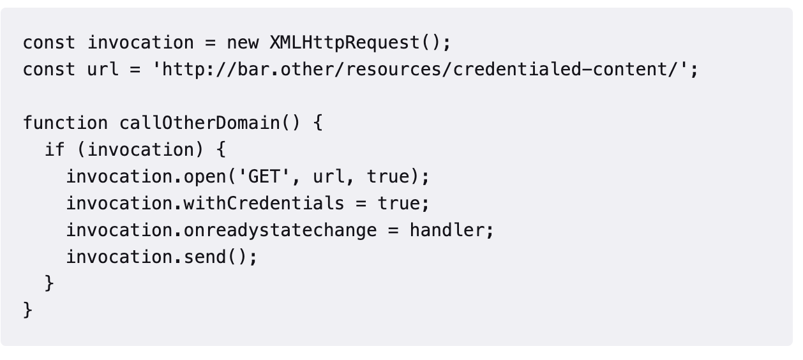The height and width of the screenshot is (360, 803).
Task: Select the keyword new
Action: point(243,43)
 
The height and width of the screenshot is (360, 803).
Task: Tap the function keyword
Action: point(65,123)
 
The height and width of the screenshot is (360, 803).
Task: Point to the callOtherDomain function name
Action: point(199,123)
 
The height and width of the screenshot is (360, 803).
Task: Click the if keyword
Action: point(55,149)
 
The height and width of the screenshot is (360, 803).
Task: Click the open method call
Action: point(205,176)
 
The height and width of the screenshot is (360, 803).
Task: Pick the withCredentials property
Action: point(264,203)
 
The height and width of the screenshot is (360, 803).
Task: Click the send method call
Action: point(205,257)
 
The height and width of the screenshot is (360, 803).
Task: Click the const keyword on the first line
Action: point(49,43)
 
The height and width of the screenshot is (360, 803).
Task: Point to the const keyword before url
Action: point(49,70)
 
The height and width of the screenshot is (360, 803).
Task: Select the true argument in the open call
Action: point(387,176)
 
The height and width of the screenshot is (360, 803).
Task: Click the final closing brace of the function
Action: point(27,310)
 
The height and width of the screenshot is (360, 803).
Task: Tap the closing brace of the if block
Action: point(49,283)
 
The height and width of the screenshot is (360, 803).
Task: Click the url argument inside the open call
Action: point(328,176)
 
